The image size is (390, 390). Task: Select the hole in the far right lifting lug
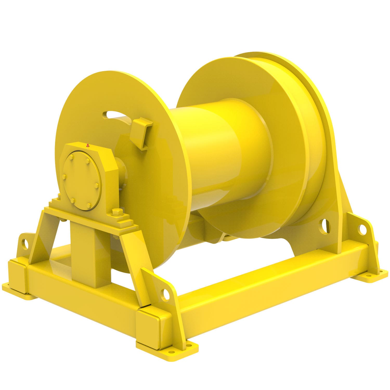click(361, 229)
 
